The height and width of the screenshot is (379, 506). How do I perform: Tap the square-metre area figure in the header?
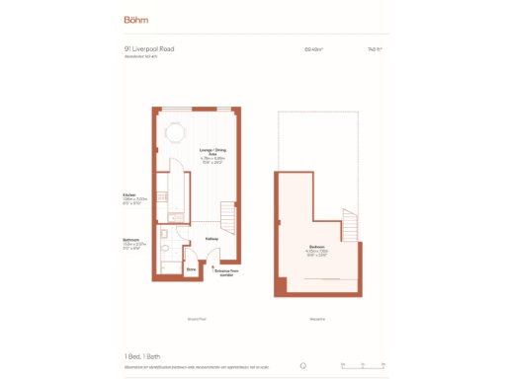click(x=315, y=48)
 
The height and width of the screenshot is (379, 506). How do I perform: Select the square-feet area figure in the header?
click(x=375, y=48)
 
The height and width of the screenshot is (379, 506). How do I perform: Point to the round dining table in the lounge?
click(x=176, y=131)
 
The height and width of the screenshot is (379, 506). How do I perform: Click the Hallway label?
click(x=211, y=239)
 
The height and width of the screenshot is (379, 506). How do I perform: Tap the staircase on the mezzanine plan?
click(x=348, y=226)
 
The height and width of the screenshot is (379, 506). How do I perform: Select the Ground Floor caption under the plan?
click(x=196, y=319)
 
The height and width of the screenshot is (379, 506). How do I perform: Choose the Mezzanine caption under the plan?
click(x=317, y=319)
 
